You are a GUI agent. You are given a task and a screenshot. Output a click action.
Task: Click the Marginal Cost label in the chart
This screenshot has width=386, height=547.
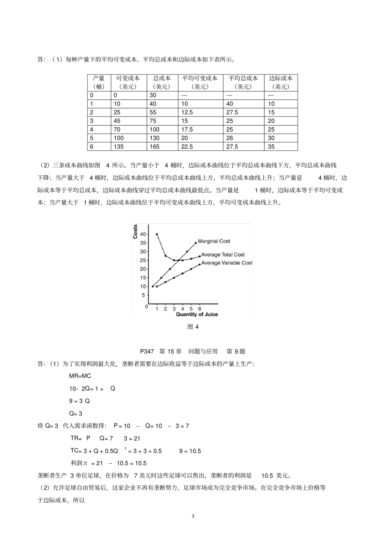click(214, 241)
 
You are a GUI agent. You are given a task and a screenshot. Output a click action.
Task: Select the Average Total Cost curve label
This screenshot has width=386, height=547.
click(223, 255)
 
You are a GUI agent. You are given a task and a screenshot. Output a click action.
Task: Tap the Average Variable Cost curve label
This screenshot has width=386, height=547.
click(227, 263)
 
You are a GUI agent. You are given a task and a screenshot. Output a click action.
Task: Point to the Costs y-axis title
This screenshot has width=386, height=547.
click(135, 231)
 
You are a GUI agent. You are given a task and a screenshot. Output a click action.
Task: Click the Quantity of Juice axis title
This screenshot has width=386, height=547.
click(197, 314)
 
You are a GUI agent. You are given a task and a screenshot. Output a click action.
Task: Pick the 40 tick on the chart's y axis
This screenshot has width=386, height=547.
click(143, 234)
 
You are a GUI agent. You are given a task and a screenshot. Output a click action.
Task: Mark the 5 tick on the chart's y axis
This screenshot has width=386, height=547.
click(143, 295)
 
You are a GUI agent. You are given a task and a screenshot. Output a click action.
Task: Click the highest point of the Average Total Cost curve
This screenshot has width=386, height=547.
click(157, 234)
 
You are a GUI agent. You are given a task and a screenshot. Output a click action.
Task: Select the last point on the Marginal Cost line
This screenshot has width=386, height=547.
click(196, 243)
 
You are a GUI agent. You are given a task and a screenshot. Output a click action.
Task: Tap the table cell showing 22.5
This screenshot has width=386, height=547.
click(187, 147)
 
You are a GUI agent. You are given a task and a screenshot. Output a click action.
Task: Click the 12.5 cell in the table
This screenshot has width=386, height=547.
click(187, 112)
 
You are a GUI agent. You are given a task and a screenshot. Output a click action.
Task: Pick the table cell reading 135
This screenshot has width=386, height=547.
click(119, 147)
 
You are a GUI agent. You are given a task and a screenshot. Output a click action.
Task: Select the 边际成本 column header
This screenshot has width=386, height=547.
click(281, 82)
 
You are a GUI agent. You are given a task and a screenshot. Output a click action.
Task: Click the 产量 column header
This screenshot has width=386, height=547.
click(99, 82)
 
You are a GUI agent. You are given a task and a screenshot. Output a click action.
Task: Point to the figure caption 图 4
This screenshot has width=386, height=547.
click(193, 326)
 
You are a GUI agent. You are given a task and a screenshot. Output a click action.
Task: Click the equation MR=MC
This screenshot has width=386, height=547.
click(80, 376)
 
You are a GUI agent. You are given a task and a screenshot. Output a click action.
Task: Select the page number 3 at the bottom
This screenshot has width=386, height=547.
click(193, 516)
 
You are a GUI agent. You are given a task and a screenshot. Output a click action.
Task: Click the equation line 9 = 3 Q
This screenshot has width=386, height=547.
click(79, 401)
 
